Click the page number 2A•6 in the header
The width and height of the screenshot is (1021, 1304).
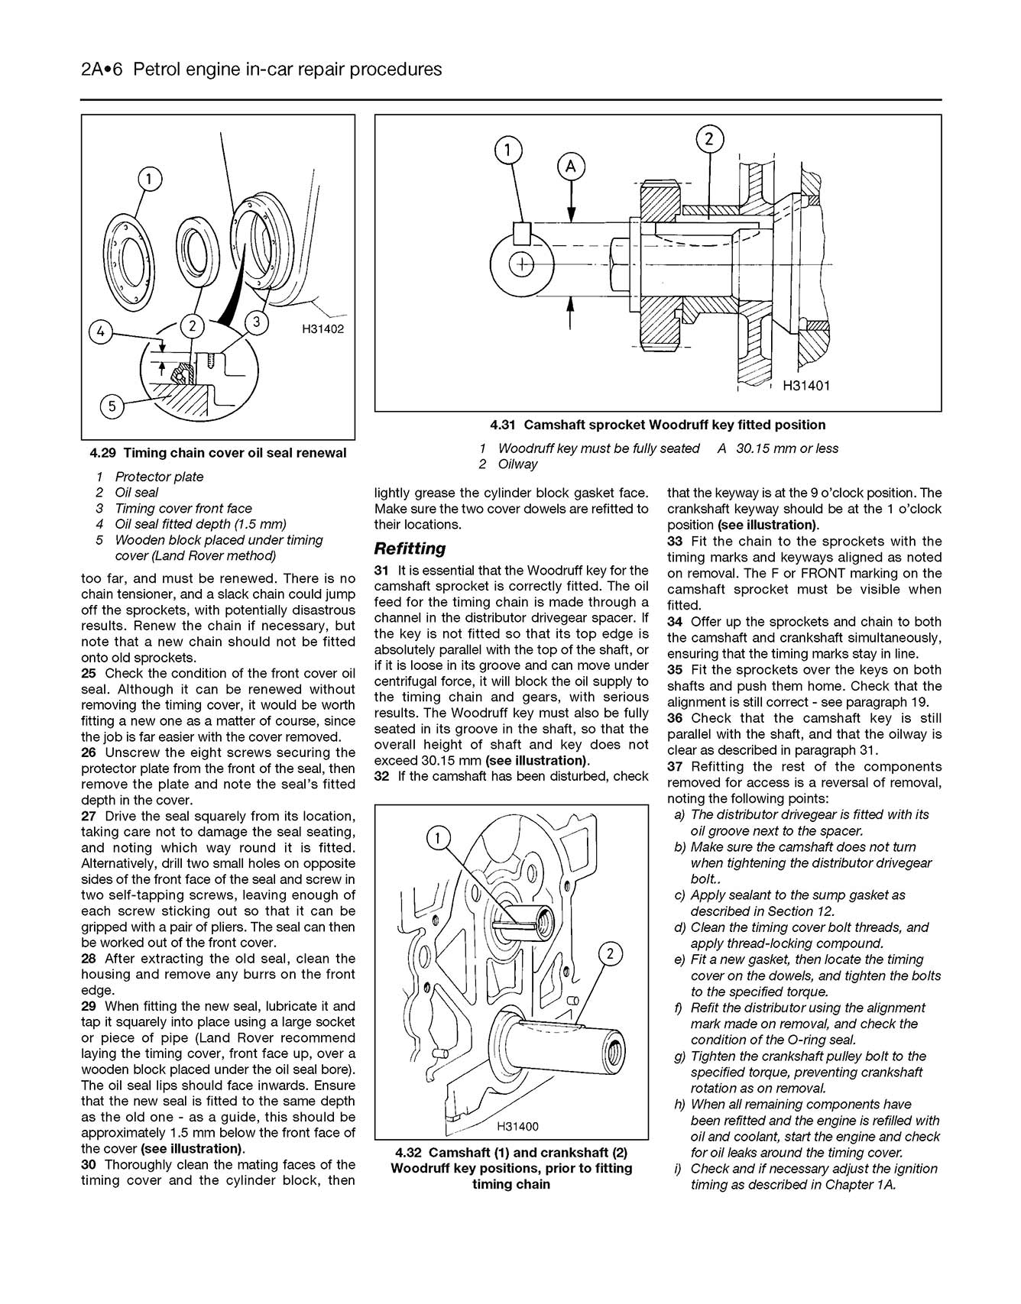coord(101,70)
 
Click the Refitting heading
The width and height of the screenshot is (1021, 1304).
coord(410,548)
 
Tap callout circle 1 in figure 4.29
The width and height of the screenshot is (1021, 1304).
coord(150,180)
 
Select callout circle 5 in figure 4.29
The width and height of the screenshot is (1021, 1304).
coord(112,406)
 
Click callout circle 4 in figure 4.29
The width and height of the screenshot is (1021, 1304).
coord(100,332)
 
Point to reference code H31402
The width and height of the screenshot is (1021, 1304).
coord(323,329)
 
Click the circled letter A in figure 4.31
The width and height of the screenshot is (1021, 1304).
coord(571,167)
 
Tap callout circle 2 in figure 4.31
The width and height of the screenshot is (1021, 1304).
coord(709,139)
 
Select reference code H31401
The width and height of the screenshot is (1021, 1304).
coord(806,386)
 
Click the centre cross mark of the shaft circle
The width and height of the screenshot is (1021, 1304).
coord(522,264)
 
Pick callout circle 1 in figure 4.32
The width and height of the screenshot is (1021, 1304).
coord(438,840)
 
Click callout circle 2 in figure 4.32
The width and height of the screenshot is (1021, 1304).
coord(610,953)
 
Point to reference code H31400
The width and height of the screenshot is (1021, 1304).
coord(517,1126)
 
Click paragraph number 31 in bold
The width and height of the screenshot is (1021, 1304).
coord(382,570)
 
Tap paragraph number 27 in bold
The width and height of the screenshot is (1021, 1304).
coord(89,816)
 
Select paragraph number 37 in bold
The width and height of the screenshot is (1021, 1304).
coord(675,766)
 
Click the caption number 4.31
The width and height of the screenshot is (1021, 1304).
coord(504,425)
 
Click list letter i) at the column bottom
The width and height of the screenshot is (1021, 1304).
coord(679,1168)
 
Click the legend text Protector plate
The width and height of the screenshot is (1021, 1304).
coord(159,477)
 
